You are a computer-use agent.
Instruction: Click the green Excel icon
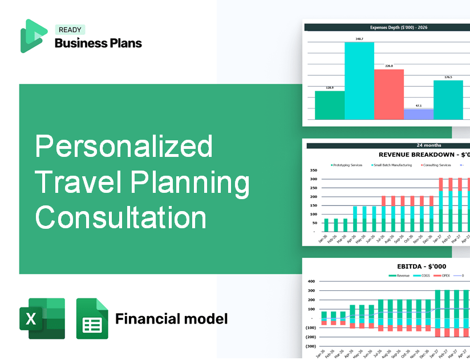(x=42, y=318)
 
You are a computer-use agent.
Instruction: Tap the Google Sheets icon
(x=92, y=318)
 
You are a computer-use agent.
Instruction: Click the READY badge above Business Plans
(x=70, y=30)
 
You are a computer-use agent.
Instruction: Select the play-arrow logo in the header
(x=34, y=35)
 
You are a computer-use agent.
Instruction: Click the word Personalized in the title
(x=124, y=148)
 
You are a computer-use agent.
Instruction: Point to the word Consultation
(x=120, y=217)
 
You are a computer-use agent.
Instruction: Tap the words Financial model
(x=171, y=318)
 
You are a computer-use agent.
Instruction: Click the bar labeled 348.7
(x=359, y=80)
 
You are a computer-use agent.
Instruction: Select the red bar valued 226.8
(x=388, y=94)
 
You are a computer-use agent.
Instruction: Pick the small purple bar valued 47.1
(x=418, y=114)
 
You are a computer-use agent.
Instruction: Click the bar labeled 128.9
(x=330, y=105)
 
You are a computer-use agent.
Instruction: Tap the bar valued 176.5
(x=448, y=100)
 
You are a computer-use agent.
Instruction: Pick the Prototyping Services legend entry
(x=347, y=165)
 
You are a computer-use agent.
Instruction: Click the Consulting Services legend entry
(x=436, y=165)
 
